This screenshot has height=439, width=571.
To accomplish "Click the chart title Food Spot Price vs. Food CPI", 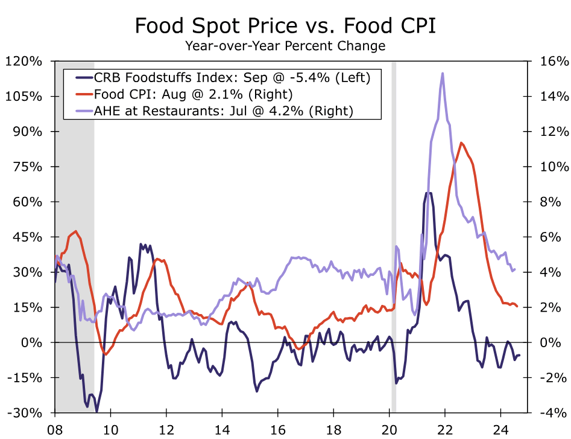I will [x=285, y=26].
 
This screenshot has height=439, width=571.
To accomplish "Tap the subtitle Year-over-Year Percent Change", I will [x=285, y=46].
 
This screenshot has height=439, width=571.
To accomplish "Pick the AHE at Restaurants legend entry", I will [x=222, y=111].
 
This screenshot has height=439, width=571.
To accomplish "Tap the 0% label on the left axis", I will [x=33, y=343].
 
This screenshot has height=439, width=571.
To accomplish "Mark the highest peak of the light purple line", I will [x=443, y=74].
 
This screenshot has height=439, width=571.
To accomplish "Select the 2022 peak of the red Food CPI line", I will [x=461, y=143].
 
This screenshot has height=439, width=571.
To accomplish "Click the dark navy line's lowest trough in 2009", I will [x=96, y=411].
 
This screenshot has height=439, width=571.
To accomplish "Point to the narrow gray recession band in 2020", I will [x=394, y=236].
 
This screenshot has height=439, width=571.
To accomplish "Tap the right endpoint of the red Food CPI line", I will [x=517, y=307].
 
